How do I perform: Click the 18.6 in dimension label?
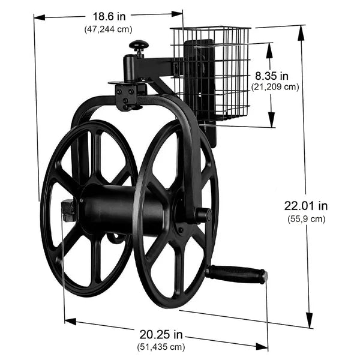(x=108, y=17)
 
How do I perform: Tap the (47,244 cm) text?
(x=109, y=29)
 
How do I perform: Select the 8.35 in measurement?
(x=271, y=76)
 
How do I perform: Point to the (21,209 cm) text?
(x=275, y=87)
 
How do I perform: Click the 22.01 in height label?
(x=305, y=205)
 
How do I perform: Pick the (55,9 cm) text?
(x=306, y=219)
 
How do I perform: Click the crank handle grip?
(x=237, y=274)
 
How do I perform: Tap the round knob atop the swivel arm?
(x=139, y=46)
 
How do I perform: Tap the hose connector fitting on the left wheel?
(x=67, y=211)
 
